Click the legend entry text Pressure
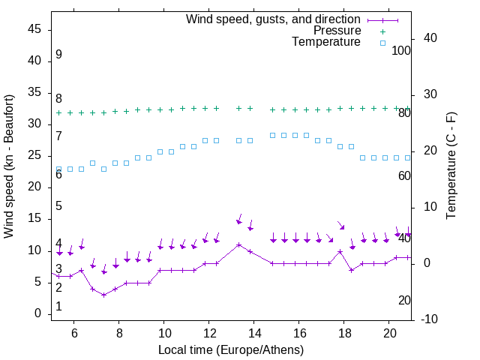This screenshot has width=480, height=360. (337, 31)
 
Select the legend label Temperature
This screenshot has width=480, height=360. (326, 42)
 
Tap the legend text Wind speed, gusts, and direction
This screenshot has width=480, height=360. (274, 19)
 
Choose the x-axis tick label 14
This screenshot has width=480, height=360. (254, 333)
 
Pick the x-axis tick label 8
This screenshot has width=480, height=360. (119, 333)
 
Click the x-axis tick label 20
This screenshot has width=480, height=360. (389, 333)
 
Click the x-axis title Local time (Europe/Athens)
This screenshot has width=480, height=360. (230, 349)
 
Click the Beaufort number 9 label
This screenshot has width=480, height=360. (58, 55)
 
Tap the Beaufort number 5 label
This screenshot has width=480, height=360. (58, 206)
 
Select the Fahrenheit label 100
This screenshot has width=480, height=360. (401, 50)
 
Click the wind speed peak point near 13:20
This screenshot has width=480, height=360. (239, 244)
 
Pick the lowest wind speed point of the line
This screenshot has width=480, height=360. (104, 295)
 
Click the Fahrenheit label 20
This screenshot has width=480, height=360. (404, 300)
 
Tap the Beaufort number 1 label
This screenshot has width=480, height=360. (58, 307)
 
